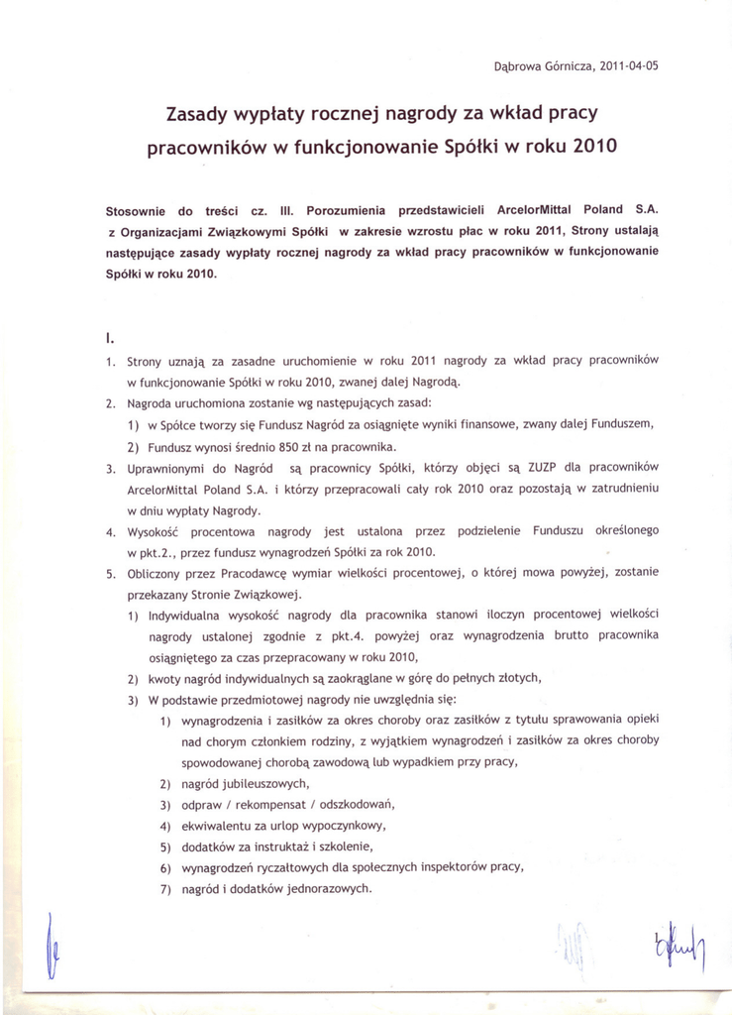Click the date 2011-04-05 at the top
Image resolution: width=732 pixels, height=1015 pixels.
[627, 67]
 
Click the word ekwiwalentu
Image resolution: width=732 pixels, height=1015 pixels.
[220, 825]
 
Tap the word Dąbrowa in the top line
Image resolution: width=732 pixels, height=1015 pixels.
[518, 67]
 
